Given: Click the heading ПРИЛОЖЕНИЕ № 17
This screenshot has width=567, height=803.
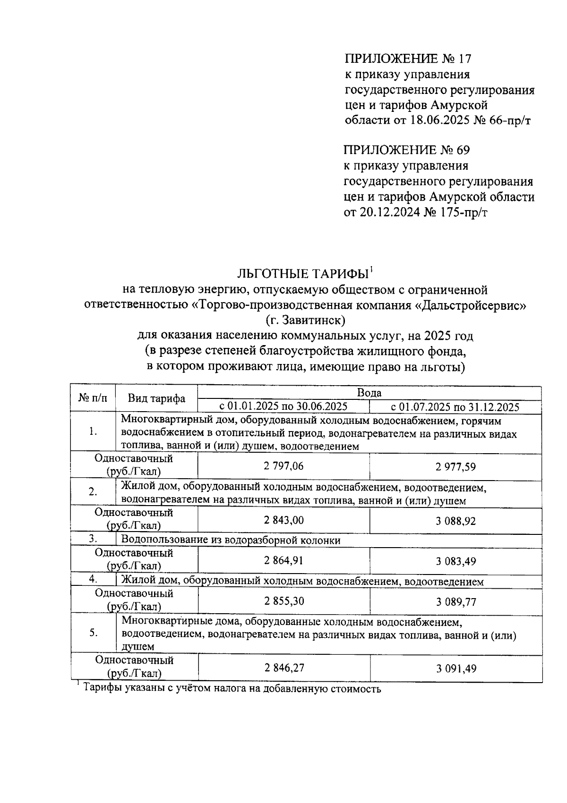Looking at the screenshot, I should click(408, 59).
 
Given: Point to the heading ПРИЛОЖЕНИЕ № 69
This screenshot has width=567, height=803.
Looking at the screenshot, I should click(407, 150).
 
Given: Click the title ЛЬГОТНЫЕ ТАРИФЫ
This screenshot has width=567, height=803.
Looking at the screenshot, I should click(303, 274).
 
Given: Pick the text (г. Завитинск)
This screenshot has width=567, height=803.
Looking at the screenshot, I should click(306, 321).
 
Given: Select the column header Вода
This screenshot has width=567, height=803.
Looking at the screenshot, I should click(369, 393).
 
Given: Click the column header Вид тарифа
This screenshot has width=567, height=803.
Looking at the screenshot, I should click(156, 398).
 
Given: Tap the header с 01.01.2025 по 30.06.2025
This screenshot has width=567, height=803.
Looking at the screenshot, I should click(283, 406).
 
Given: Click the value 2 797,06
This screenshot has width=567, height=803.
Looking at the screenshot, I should click(283, 466).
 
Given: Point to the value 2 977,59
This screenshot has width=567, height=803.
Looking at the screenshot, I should click(455, 467).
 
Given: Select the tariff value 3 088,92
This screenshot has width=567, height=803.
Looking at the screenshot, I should click(455, 521).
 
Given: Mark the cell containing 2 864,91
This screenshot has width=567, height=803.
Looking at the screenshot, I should click(283, 561).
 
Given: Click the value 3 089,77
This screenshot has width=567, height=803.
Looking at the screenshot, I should click(455, 602).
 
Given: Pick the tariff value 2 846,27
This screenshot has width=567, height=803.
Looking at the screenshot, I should click(283, 668).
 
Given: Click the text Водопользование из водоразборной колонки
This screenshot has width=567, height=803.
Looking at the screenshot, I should click(231, 540).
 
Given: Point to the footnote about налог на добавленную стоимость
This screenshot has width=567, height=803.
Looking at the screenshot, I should click(232, 688).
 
